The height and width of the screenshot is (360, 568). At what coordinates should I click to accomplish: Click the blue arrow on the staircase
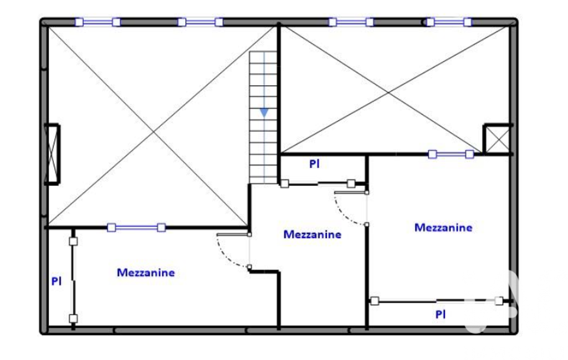[264, 112]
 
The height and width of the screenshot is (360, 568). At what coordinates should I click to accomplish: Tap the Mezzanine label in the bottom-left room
[146, 272]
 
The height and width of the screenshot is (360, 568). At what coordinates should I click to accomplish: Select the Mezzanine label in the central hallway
[312, 234]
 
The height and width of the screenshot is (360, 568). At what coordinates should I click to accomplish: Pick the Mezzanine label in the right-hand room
[443, 228]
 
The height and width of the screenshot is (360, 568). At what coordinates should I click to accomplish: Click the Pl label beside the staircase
[314, 164]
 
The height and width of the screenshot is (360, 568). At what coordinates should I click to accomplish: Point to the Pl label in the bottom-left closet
[56, 281]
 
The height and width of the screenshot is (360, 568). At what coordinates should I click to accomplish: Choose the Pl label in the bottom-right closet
[441, 315]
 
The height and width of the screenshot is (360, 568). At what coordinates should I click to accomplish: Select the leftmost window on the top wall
[98, 22]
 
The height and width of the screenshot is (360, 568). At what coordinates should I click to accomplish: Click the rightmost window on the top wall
[449, 22]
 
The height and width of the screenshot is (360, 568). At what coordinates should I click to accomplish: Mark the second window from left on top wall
[200, 22]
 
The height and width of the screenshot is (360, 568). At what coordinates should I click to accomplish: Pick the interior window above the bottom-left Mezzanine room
[136, 228]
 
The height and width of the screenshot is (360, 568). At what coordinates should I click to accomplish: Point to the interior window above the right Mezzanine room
[451, 155]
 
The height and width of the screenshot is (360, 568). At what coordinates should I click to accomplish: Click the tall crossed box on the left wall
[52, 155]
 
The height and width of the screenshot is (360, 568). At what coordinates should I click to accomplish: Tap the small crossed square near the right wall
[498, 140]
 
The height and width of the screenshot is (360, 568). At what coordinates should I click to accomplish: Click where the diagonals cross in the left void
[153, 132]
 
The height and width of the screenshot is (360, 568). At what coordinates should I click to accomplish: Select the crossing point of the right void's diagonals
[388, 92]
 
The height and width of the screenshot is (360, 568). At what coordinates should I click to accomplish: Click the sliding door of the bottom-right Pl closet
[437, 301]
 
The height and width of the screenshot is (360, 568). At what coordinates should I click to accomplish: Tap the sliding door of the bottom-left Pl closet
[73, 280]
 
